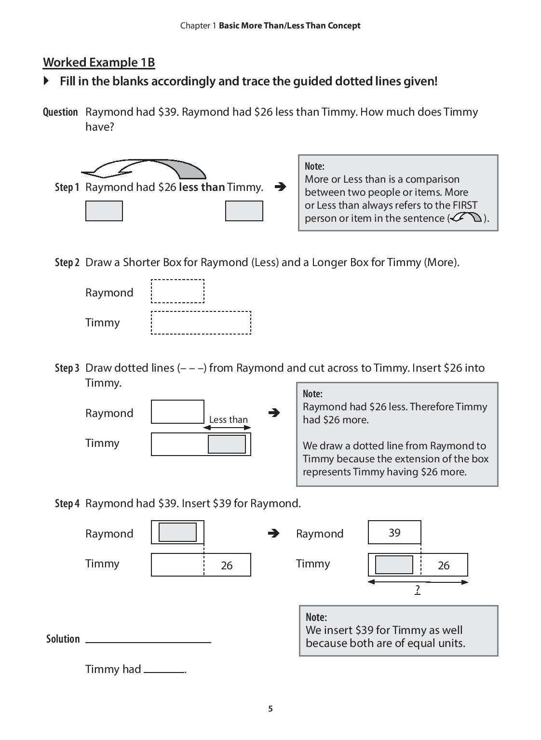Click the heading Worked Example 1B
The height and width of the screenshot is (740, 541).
click(99, 62)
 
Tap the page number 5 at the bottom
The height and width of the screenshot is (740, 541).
click(270, 708)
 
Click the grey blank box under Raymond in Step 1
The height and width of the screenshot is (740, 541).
click(104, 211)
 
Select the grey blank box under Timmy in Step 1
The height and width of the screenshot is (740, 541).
click(244, 211)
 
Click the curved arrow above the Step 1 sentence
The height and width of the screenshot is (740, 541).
click(143, 169)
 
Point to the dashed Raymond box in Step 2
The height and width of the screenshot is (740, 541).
click(177, 291)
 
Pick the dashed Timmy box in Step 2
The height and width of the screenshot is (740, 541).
click(201, 323)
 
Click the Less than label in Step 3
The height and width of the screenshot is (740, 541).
click(228, 419)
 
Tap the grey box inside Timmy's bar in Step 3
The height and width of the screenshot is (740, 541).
click(227, 444)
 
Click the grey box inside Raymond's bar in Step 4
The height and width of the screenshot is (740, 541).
click(177, 532)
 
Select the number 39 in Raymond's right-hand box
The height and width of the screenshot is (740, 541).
click(394, 532)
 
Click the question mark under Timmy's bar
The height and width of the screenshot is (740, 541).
click(418, 589)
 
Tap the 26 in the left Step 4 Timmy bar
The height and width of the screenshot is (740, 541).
click(227, 565)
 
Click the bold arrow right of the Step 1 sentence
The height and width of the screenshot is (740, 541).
click(280, 187)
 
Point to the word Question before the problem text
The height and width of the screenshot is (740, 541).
click(60, 112)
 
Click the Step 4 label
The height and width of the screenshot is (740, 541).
click(67, 503)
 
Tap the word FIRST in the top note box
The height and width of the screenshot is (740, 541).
click(464, 205)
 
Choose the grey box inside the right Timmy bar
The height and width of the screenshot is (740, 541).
click(394, 565)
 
